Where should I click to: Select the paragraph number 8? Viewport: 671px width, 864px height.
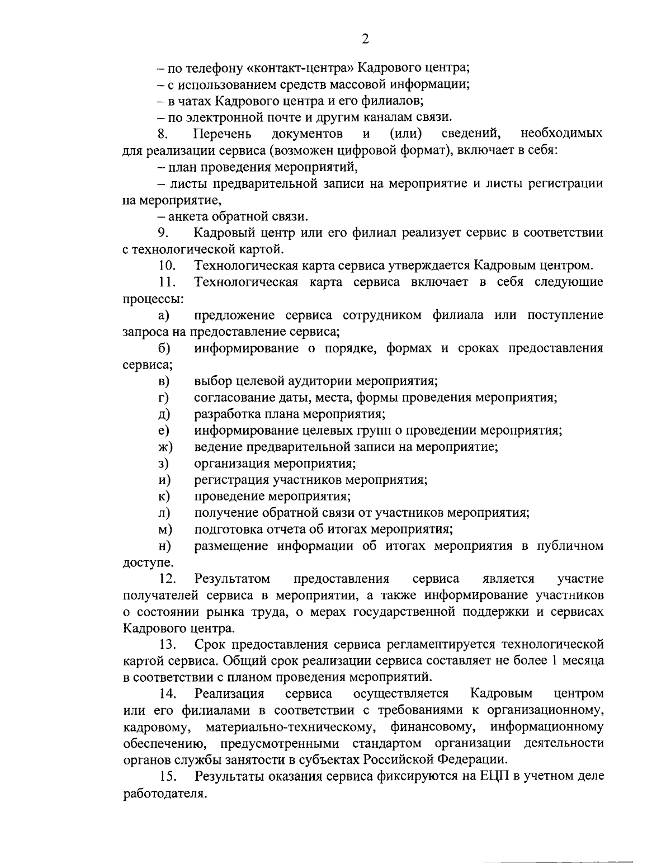pyautogui.click(x=162, y=134)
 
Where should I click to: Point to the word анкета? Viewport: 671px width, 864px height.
pyautogui.click(x=183, y=216)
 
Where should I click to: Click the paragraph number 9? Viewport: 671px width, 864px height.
pyautogui.click(x=163, y=233)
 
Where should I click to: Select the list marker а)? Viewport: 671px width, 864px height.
pyautogui.click(x=163, y=315)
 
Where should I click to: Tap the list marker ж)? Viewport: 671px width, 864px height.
pyautogui.click(x=165, y=447)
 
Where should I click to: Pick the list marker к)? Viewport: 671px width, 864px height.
pyautogui.click(x=164, y=497)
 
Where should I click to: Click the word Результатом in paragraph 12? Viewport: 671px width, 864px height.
pyautogui.click(x=232, y=578)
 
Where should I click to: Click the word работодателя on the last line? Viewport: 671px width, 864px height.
pyautogui.click(x=160, y=793)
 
